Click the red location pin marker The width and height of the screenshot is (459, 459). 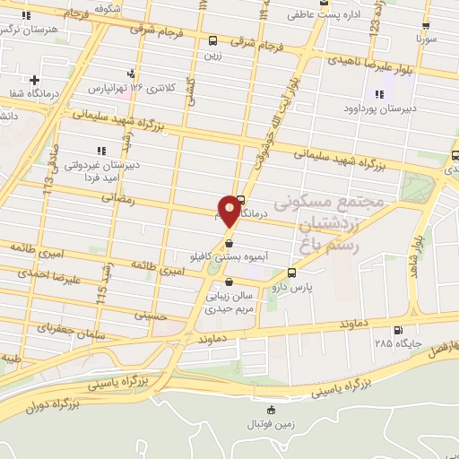tap(229, 212)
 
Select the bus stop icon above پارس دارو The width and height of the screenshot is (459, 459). tap(291, 273)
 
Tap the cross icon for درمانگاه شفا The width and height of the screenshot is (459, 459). tap(34, 80)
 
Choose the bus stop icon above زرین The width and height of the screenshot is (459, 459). tap(212, 40)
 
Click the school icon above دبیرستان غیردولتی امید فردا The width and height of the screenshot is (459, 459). tap(100, 151)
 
